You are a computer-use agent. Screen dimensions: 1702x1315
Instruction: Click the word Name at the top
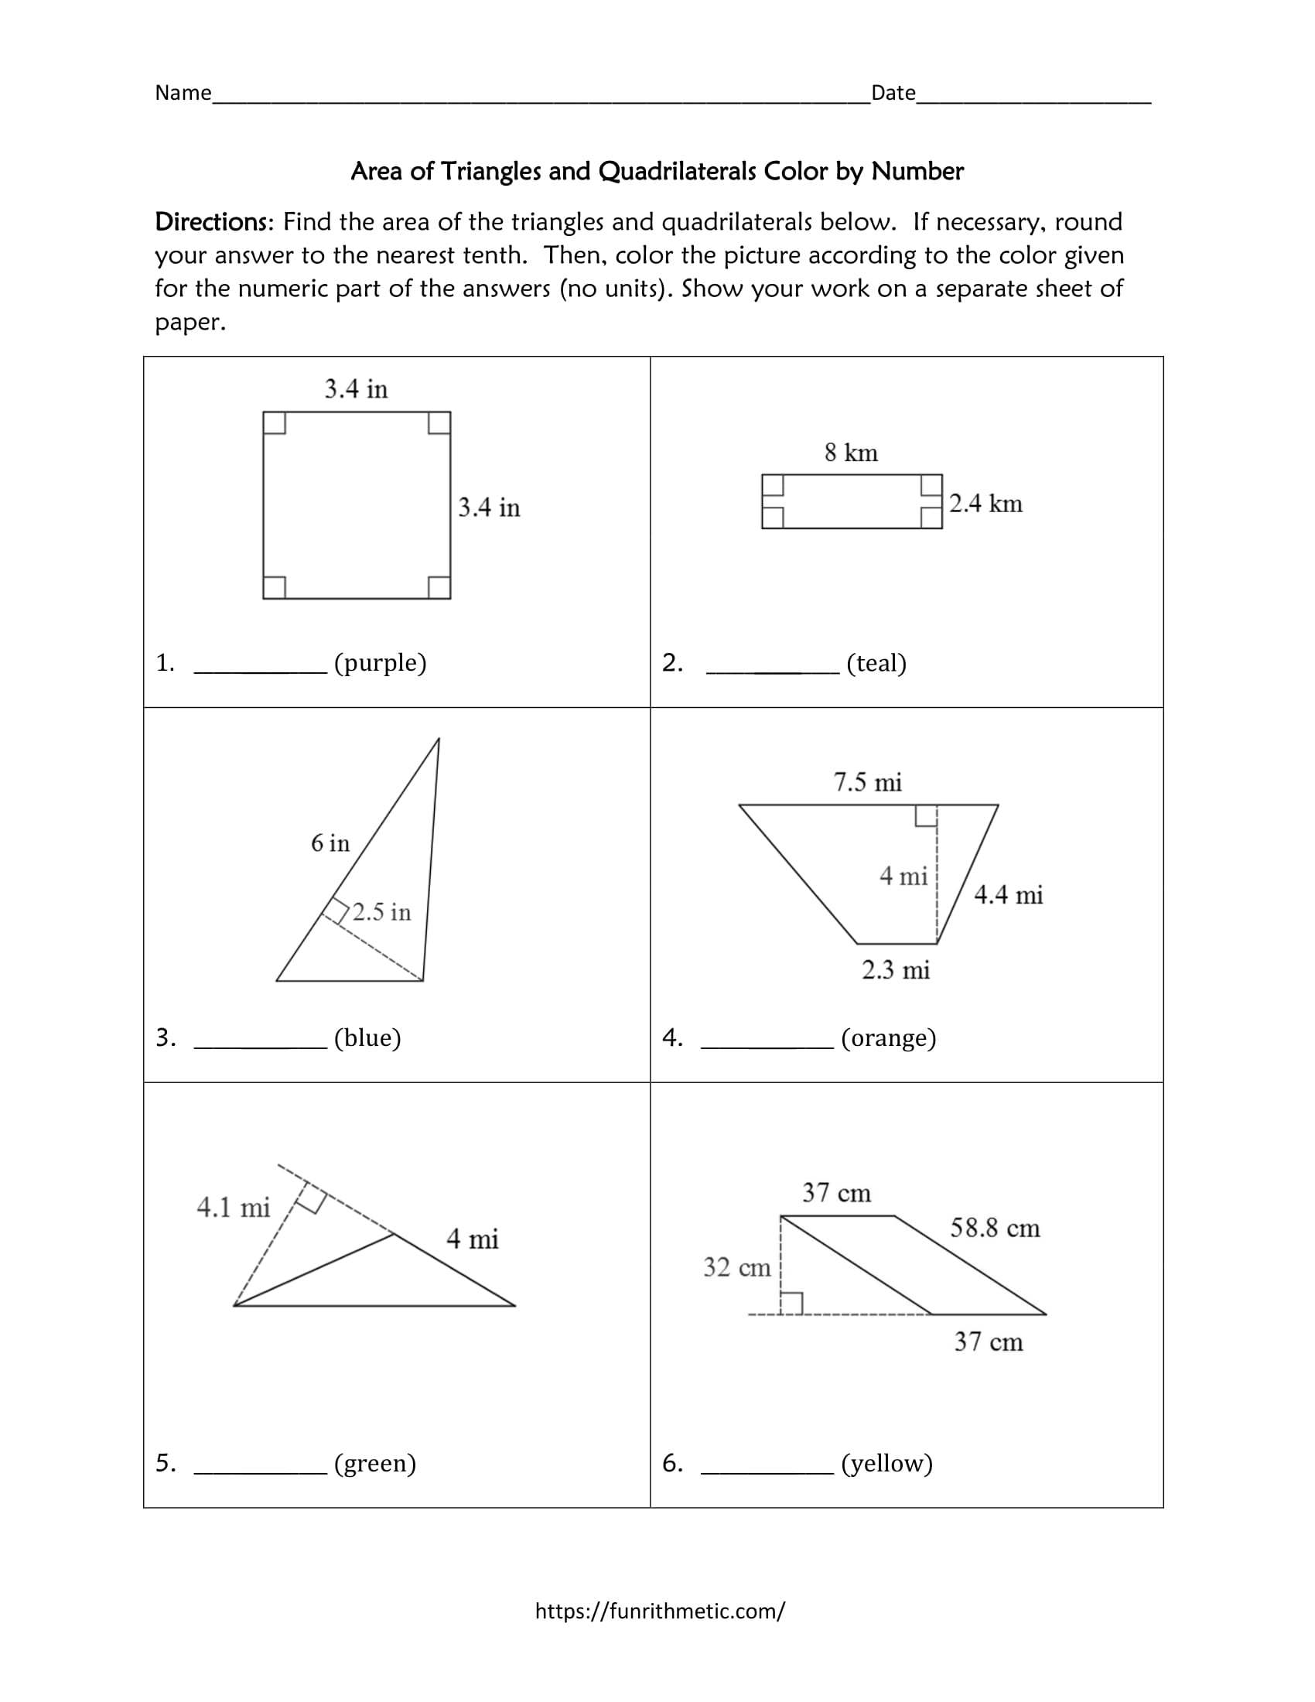tap(183, 93)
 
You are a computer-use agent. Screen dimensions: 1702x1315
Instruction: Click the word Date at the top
tap(893, 93)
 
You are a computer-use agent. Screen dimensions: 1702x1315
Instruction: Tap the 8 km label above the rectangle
tap(851, 453)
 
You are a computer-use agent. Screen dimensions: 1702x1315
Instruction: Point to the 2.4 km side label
tap(985, 504)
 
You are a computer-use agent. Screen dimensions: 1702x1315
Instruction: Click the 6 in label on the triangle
tap(330, 843)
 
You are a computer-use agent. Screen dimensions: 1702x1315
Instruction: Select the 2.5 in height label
tap(381, 912)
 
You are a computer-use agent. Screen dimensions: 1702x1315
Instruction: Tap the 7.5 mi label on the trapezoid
tap(867, 781)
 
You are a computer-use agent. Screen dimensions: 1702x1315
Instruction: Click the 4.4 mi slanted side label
tap(1008, 894)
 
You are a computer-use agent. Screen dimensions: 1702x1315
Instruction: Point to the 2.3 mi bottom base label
tap(895, 970)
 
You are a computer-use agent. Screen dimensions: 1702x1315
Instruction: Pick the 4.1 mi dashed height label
tap(233, 1208)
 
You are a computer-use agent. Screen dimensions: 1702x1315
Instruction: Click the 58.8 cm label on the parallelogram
tap(995, 1229)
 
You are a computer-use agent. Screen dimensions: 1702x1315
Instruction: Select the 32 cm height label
tap(736, 1267)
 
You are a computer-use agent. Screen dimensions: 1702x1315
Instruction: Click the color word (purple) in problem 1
tap(380, 662)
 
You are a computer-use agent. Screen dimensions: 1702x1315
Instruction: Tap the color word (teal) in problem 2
tap(876, 663)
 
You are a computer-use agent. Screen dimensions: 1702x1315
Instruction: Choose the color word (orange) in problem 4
tap(888, 1038)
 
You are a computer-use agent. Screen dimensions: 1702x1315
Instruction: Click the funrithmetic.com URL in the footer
tap(660, 1611)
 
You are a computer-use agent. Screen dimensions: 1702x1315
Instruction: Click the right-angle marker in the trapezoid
tap(925, 815)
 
